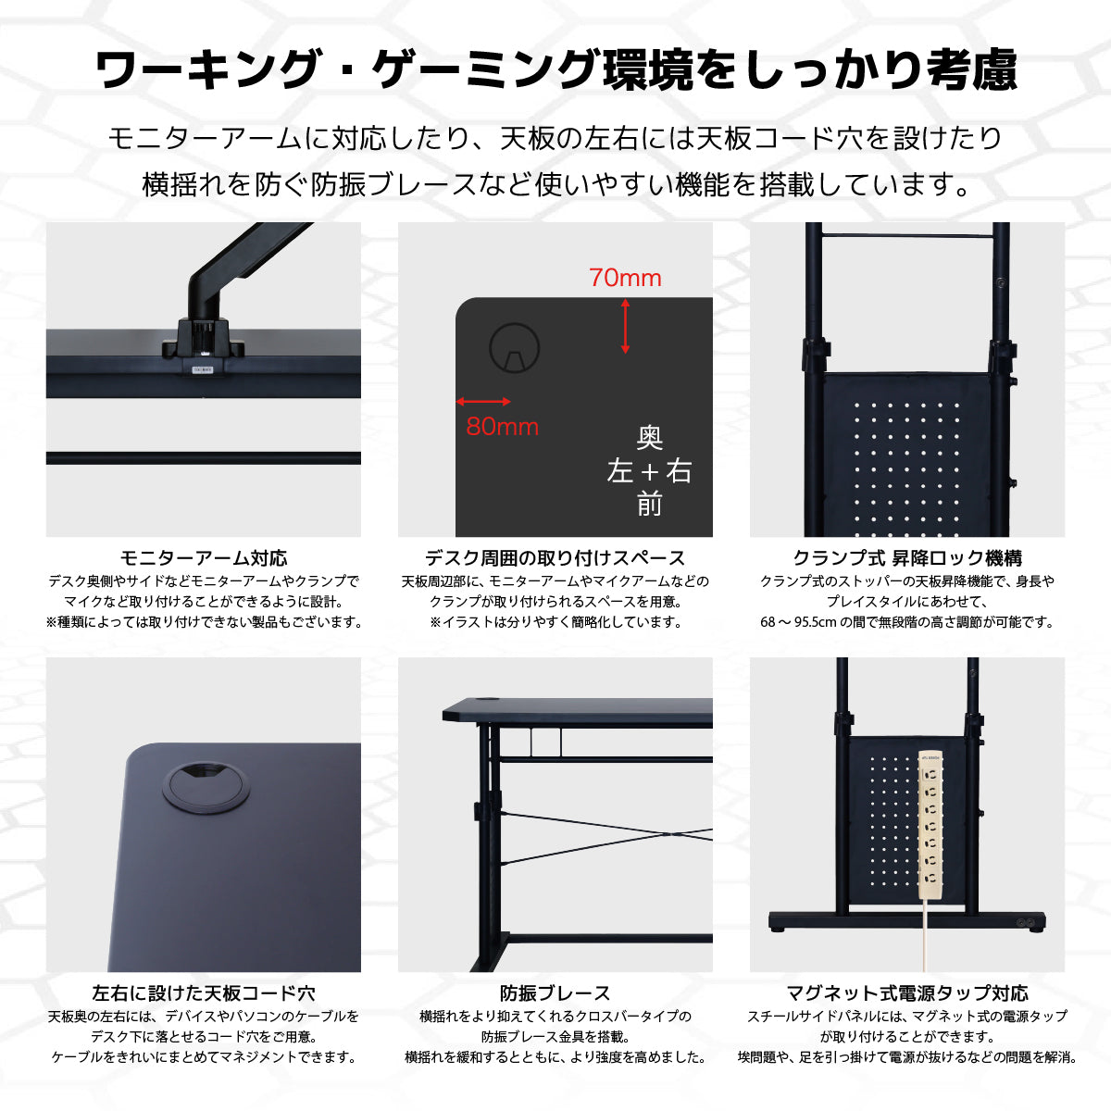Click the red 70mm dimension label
pos(625,278)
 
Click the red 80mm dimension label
pos(502,427)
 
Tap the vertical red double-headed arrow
pos(625,326)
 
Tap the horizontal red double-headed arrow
pos(483,401)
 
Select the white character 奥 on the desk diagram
pos(649,438)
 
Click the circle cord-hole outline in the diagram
pos(514,348)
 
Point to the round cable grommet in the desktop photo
pos(206,786)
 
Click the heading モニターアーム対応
pos(204,557)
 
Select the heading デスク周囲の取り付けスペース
pos(555,557)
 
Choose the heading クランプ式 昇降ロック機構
pos(907,557)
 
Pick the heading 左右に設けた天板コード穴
pos(204,992)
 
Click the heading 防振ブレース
pos(555,992)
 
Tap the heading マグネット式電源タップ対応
pos(907,992)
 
